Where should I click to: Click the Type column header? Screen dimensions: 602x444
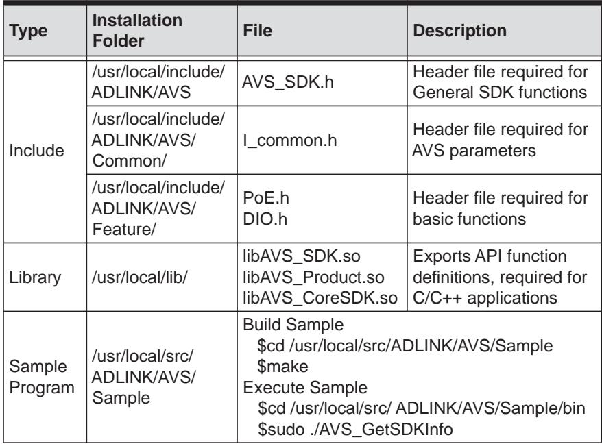[x=28, y=31]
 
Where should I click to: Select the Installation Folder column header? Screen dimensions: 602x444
[x=137, y=30]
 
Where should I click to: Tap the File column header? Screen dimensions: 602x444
[x=258, y=30]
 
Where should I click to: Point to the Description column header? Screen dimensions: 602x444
[x=459, y=31]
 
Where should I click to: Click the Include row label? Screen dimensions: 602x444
[x=36, y=151]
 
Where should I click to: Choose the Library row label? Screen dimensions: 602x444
[x=35, y=277]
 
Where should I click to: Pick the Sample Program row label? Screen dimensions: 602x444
[x=41, y=377]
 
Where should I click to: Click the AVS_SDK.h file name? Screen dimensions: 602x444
[x=288, y=82]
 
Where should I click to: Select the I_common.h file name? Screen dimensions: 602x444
[x=290, y=140]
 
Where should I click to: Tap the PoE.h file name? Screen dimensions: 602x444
[x=266, y=198]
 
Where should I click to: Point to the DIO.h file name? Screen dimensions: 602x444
[x=265, y=219]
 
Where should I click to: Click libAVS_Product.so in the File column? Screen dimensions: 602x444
[x=313, y=277]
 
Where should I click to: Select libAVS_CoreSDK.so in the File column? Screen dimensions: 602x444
[x=320, y=298]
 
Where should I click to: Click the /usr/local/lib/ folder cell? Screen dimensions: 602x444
[x=139, y=277]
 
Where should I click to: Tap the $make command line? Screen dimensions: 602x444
[x=282, y=367]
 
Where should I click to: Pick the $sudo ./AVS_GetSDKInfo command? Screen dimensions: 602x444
[x=355, y=430]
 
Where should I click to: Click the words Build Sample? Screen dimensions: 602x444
[x=293, y=325]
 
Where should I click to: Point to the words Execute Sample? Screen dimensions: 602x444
[x=305, y=388]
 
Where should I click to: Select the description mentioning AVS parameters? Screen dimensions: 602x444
[x=501, y=140]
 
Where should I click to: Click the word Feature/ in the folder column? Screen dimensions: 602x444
[x=124, y=230]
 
